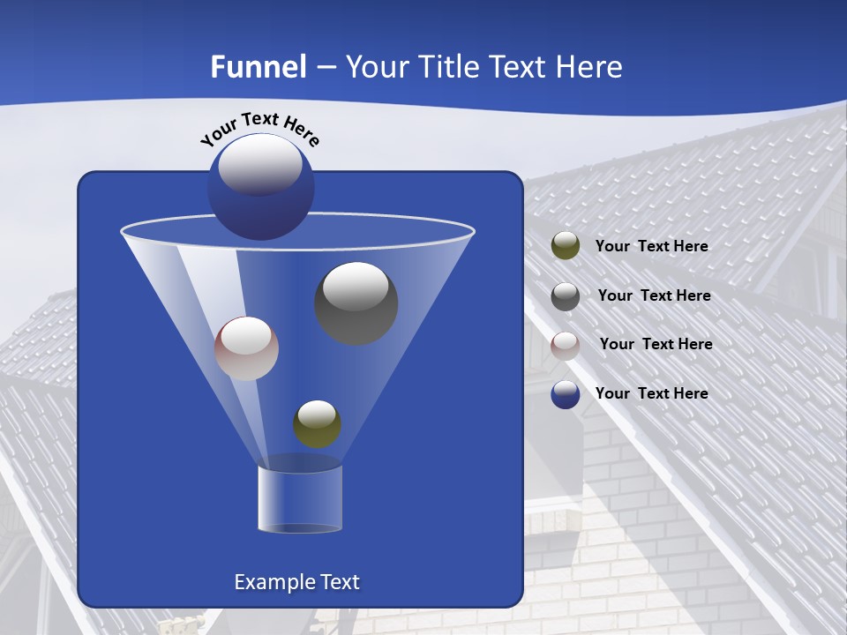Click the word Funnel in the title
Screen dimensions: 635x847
(259, 67)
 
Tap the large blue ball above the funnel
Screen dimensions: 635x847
(260, 186)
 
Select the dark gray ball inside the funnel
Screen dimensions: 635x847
(356, 303)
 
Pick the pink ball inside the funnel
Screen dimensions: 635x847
(246, 348)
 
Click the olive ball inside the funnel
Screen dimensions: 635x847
(317, 423)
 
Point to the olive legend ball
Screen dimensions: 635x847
(566, 246)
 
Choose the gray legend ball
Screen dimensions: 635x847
(566, 295)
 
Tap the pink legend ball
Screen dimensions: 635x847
(566, 345)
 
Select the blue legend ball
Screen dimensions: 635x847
(566, 394)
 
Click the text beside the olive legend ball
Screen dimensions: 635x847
(651, 246)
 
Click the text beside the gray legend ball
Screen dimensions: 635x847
(654, 295)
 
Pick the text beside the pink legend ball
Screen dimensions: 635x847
(656, 344)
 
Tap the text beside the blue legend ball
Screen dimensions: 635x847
(651, 393)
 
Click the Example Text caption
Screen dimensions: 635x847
(296, 582)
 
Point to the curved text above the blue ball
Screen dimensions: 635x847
(259, 129)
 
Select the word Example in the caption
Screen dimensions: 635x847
(273, 582)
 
